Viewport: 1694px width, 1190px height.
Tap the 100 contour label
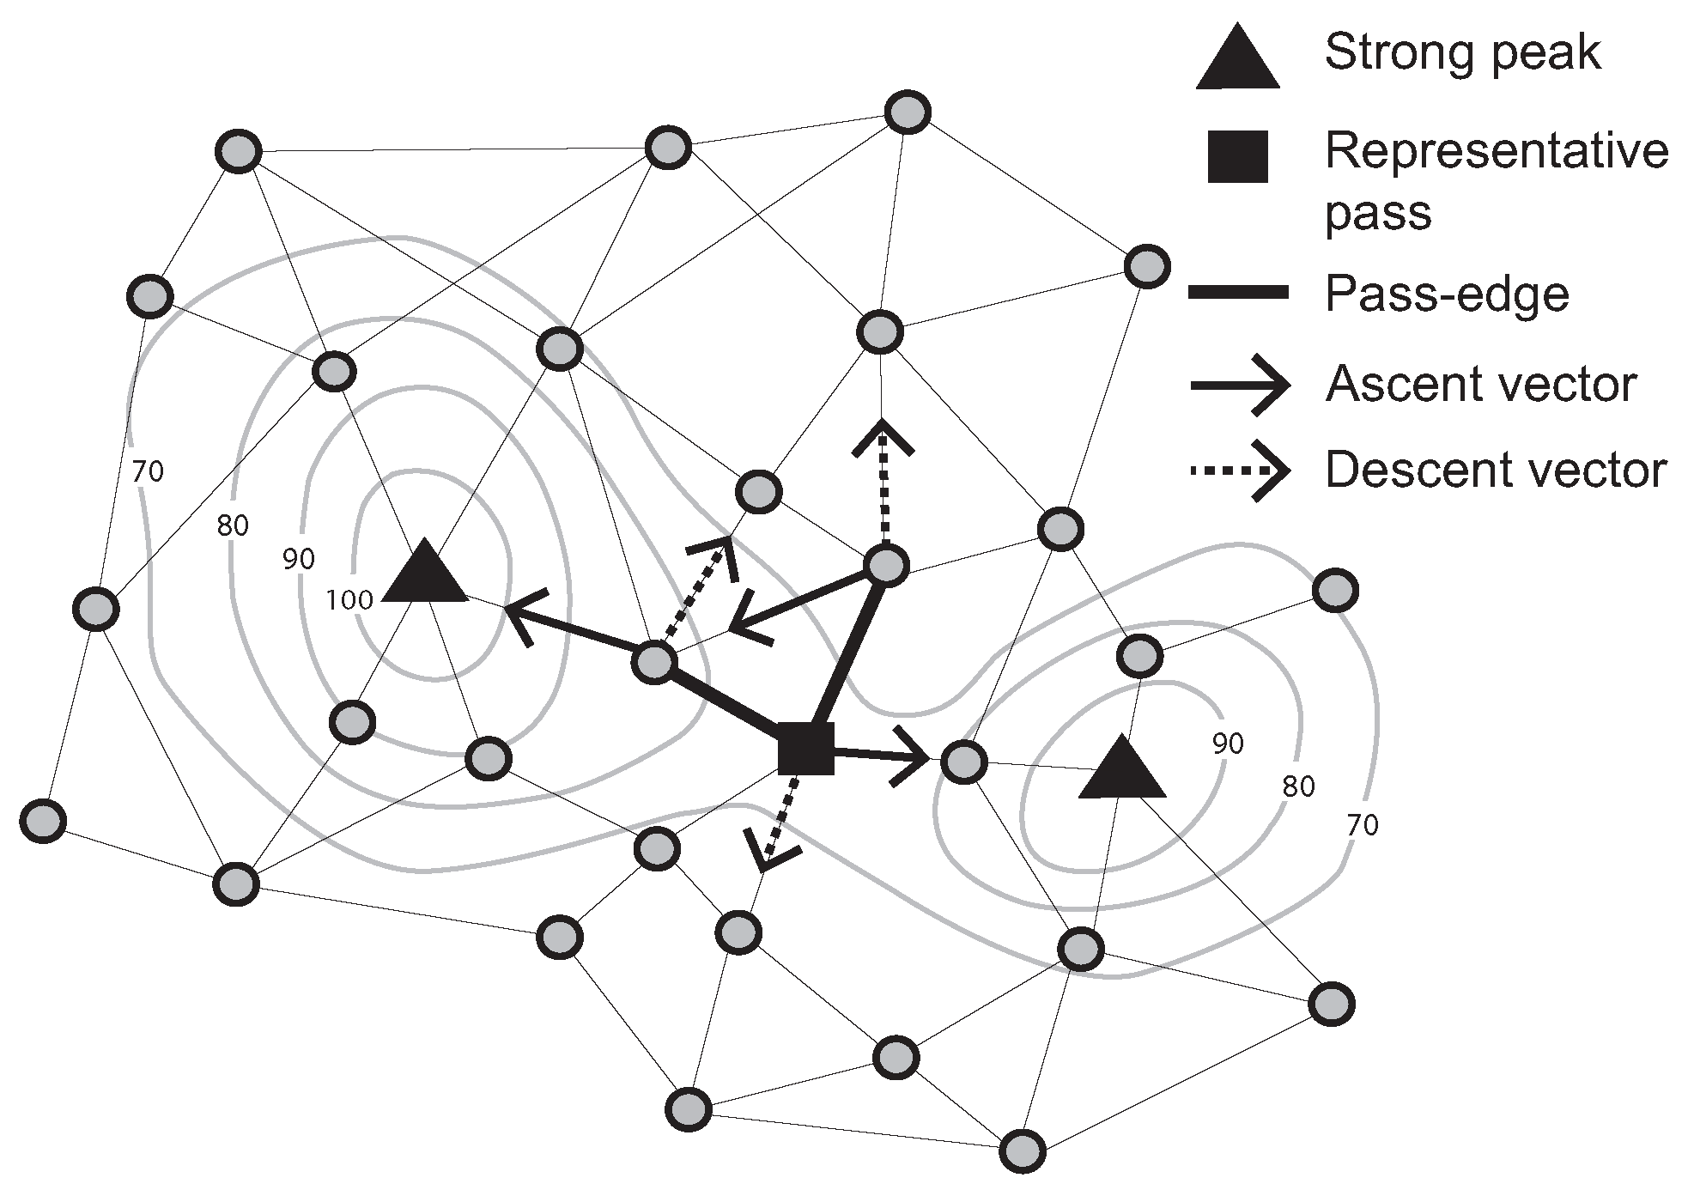coord(349,599)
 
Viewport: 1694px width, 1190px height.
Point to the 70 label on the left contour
coord(148,471)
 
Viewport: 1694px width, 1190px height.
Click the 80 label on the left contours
coord(233,525)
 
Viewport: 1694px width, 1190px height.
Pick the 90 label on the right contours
coord(1228,744)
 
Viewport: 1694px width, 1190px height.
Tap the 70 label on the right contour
coord(1363,825)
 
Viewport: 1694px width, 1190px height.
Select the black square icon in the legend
coord(1237,157)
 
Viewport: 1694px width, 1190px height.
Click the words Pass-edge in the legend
coord(1447,294)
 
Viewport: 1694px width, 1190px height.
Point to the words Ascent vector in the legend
coord(1481,384)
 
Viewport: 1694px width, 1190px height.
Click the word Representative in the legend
coord(1497,152)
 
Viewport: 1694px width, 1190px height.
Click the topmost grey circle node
coord(908,112)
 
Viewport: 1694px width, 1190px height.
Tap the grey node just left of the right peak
coord(963,762)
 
